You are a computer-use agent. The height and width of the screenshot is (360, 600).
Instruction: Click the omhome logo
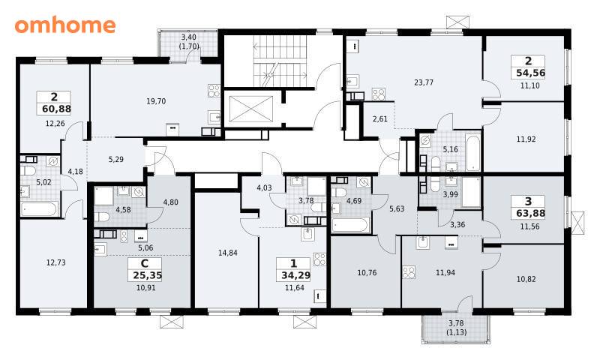pyautogui.click(x=65, y=25)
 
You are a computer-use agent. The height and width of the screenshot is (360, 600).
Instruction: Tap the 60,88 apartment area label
pyautogui.click(x=57, y=109)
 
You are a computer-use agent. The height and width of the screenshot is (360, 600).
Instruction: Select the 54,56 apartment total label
pyautogui.click(x=530, y=73)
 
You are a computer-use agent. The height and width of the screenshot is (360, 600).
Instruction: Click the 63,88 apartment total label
pyautogui.click(x=530, y=213)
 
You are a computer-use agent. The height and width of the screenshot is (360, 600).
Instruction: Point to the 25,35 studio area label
pyautogui.click(x=147, y=275)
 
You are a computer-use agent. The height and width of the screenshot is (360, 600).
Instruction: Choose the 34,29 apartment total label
pyautogui.click(x=295, y=275)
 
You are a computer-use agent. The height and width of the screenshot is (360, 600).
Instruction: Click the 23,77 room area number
pyautogui.click(x=424, y=82)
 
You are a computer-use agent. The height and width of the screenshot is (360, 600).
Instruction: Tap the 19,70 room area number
pyautogui.click(x=156, y=101)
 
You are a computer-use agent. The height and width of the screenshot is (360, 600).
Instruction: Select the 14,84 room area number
pyautogui.click(x=228, y=253)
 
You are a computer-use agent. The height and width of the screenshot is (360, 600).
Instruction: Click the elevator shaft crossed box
pyautogui.click(x=251, y=109)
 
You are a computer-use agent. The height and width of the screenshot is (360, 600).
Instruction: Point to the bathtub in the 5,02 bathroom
pyautogui.click(x=39, y=209)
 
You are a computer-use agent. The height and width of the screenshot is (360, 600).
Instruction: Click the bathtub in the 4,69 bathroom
pyautogui.click(x=350, y=225)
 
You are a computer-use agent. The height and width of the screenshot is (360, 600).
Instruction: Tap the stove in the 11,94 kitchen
pyautogui.click(x=409, y=272)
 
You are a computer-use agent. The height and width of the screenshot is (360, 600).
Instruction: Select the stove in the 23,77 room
pyautogui.click(x=379, y=94)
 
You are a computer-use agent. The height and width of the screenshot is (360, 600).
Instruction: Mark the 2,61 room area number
pyautogui.click(x=380, y=119)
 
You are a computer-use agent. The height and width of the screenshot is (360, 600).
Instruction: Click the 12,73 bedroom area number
pyautogui.click(x=55, y=262)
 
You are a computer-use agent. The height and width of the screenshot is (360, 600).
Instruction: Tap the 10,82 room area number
pyautogui.click(x=526, y=279)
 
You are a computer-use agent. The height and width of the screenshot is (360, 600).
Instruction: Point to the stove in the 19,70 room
pyautogui.click(x=214, y=91)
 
